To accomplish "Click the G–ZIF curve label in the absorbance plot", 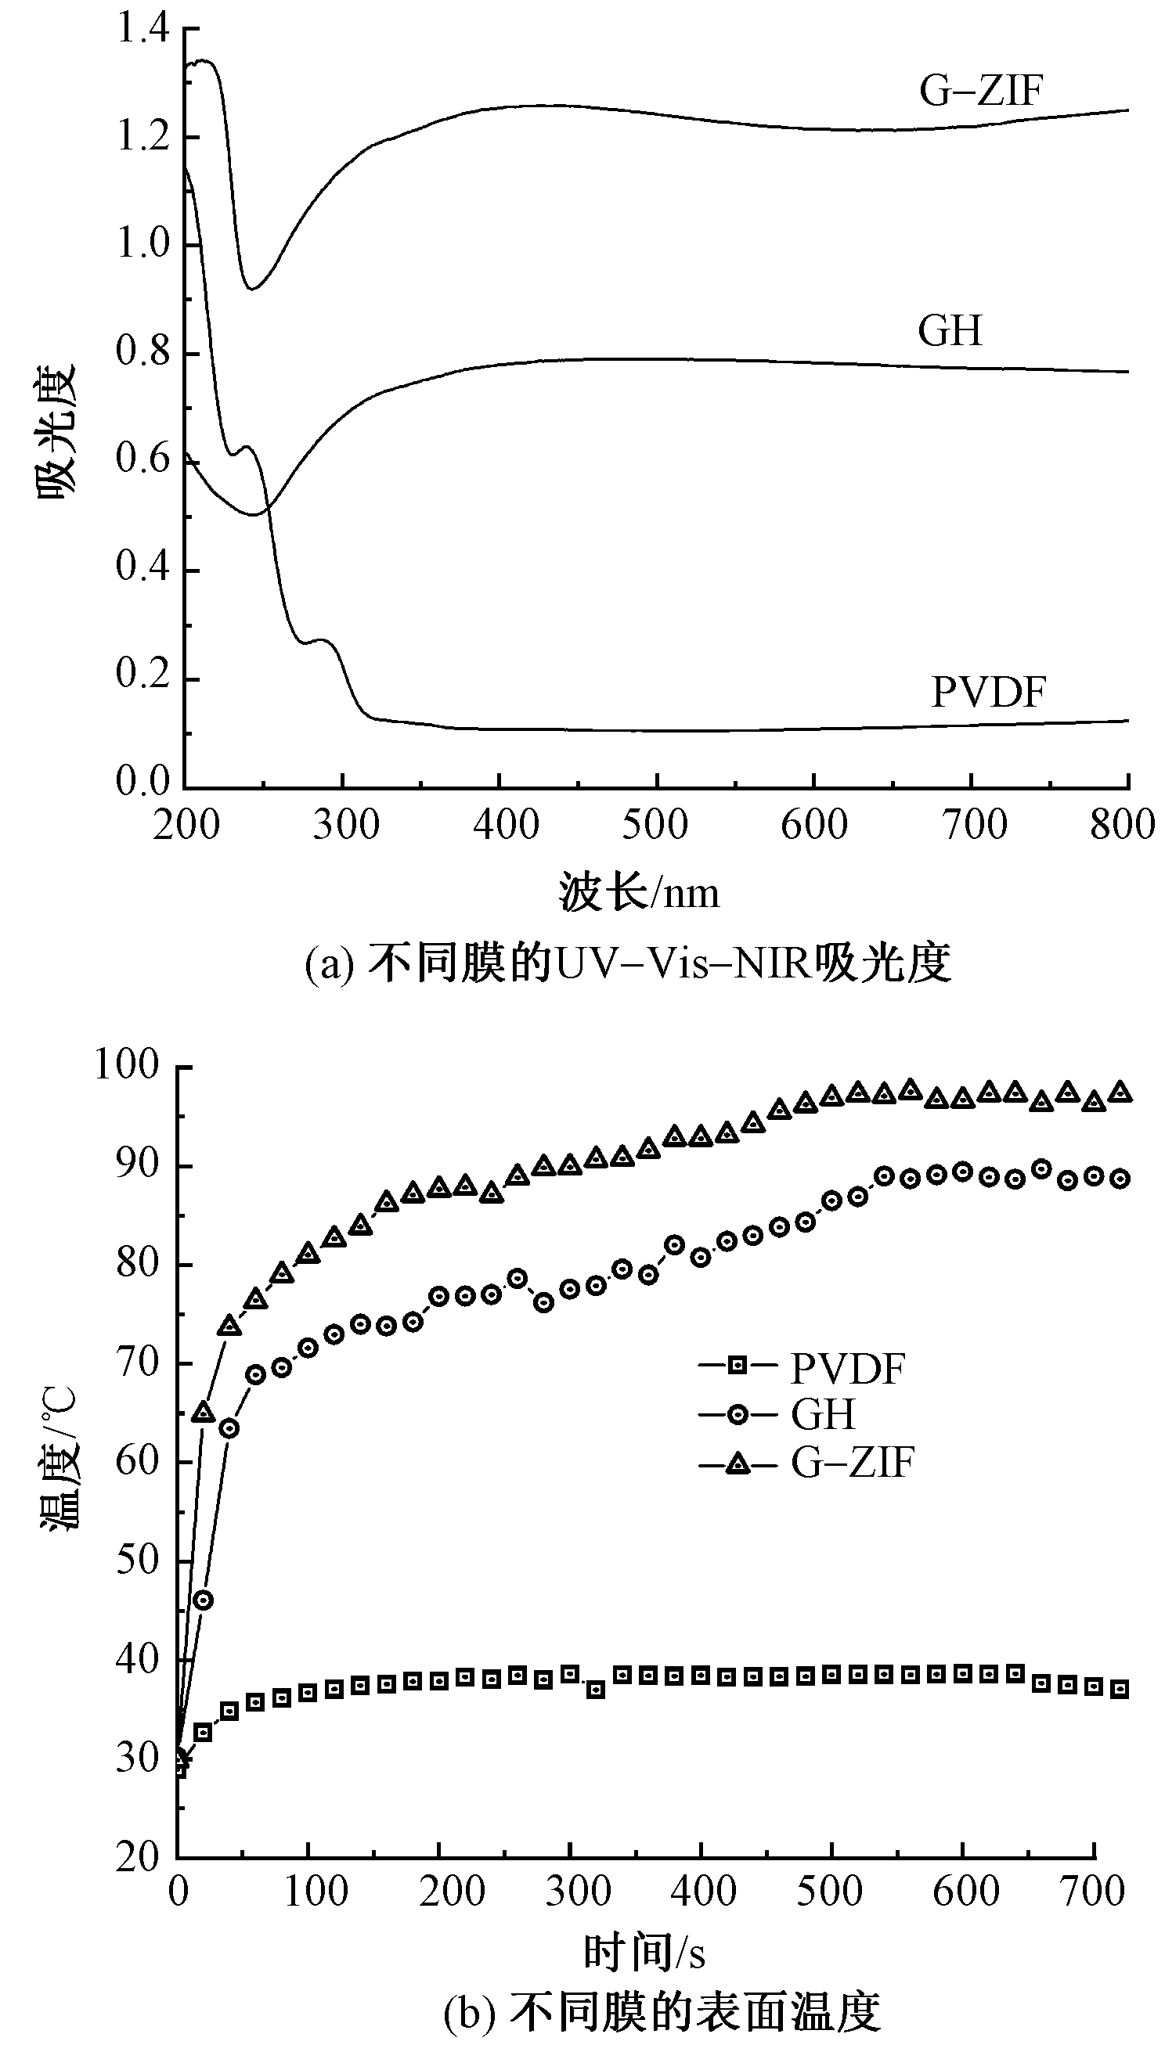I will pyautogui.click(x=980, y=89).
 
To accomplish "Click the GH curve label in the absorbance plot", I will pyautogui.click(x=950, y=330).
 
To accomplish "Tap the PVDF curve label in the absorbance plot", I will pyautogui.click(x=988, y=692).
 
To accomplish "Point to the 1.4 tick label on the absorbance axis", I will pyautogui.click(x=143, y=29).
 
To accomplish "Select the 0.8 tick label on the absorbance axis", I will pyautogui.click(x=143, y=351).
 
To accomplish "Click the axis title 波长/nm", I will pyautogui.click(x=639, y=892).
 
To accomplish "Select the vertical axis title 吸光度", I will pyautogui.click(x=56, y=432).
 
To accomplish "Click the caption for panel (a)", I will pyautogui.click(x=628, y=962).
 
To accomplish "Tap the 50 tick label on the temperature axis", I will pyautogui.click(x=138, y=1561).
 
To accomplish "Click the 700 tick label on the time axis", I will pyautogui.click(x=1092, y=1892).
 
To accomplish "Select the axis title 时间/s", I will pyautogui.click(x=644, y=1953).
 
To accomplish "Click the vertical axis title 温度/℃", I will pyautogui.click(x=60, y=1460).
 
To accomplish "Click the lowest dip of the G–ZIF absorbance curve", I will pyautogui.click(x=251, y=288).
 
